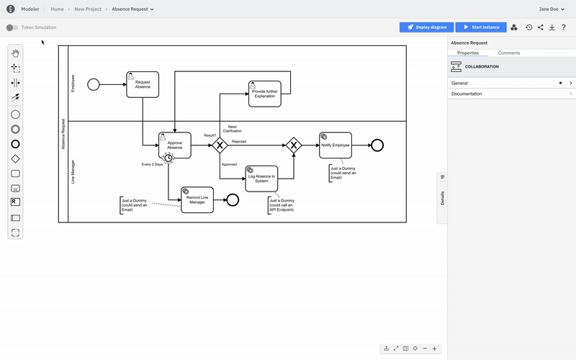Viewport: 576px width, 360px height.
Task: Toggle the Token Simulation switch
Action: (x=12, y=27)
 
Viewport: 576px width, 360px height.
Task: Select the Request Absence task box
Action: (x=143, y=84)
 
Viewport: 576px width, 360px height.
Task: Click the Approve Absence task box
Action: (x=175, y=145)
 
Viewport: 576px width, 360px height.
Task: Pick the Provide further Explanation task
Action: (x=264, y=94)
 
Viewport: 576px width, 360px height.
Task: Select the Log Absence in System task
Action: (x=261, y=179)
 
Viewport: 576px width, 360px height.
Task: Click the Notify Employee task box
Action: (x=336, y=145)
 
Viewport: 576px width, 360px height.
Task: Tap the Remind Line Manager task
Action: (x=197, y=199)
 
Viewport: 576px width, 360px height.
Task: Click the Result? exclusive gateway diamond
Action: (x=220, y=145)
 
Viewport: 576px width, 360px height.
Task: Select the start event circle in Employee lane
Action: (x=94, y=84)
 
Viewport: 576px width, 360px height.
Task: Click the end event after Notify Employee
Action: (x=377, y=145)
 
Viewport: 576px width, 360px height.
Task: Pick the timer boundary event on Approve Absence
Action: (x=168, y=157)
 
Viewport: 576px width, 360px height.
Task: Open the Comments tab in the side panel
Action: (x=509, y=53)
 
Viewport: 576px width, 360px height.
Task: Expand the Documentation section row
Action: (x=511, y=94)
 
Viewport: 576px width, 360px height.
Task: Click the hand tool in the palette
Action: (x=15, y=53)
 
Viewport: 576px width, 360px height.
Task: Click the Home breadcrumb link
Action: (x=57, y=9)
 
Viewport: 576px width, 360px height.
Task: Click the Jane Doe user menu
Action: (x=552, y=9)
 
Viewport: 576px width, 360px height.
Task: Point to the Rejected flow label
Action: (x=239, y=141)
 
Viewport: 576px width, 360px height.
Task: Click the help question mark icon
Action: (x=564, y=27)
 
